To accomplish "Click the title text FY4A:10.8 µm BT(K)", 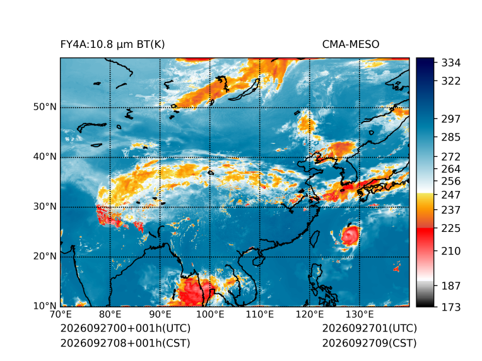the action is tap(112, 45).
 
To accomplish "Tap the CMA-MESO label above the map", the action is tap(351, 45).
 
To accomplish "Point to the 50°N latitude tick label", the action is tap(45, 107).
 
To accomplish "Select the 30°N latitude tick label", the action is tap(45, 207).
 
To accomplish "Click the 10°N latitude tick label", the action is tap(45, 306).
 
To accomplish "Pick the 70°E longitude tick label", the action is tap(61, 314).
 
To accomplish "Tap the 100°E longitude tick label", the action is tap(210, 314).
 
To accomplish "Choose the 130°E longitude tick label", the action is tap(360, 314).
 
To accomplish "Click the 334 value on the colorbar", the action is tap(451, 63).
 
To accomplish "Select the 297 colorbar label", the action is tap(451, 119).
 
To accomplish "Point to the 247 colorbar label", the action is tap(451, 195).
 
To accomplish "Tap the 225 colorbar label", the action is tap(451, 229).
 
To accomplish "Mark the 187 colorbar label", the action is tap(451, 286).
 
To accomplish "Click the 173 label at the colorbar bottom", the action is tap(451, 307).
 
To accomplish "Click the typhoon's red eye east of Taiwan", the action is tap(350, 236).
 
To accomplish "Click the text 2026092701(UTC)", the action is tap(370, 328).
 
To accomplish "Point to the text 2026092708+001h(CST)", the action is tap(125, 343).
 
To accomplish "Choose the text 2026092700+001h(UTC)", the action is tap(126, 328).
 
